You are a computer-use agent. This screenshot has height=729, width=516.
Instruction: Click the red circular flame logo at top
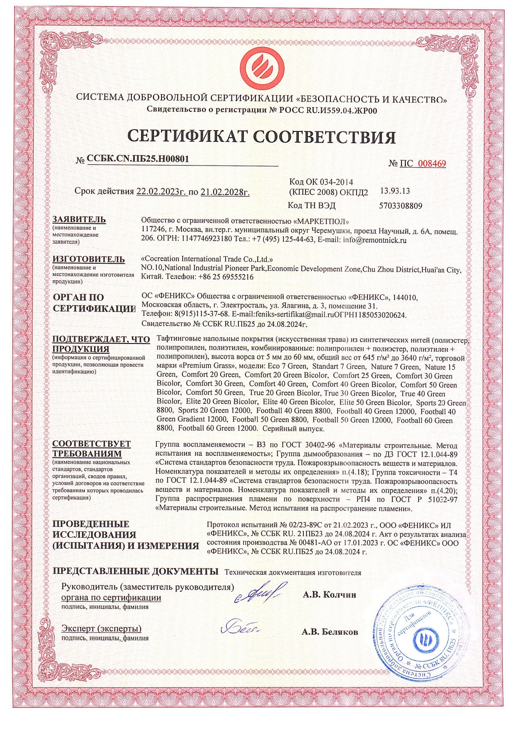(x=261, y=67)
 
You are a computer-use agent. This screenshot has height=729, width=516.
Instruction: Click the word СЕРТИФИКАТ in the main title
(x=189, y=137)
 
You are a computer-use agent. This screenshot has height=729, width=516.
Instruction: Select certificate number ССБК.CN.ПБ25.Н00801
(x=135, y=160)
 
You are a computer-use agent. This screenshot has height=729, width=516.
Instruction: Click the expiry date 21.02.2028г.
(x=225, y=192)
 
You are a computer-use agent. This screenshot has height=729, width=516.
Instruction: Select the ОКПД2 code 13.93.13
(x=395, y=191)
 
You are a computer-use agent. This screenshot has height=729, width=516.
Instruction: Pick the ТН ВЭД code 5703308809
(x=401, y=205)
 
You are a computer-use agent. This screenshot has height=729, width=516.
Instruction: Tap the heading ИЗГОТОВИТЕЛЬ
(x=88, y=259)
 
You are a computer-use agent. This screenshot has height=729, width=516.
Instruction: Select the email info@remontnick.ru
(x=375, y=240)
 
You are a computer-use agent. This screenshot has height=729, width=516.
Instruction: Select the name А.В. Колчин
(x=329, y=595)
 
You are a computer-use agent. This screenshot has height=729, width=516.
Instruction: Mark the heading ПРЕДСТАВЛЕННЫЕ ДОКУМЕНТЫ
(x=135, y=571)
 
